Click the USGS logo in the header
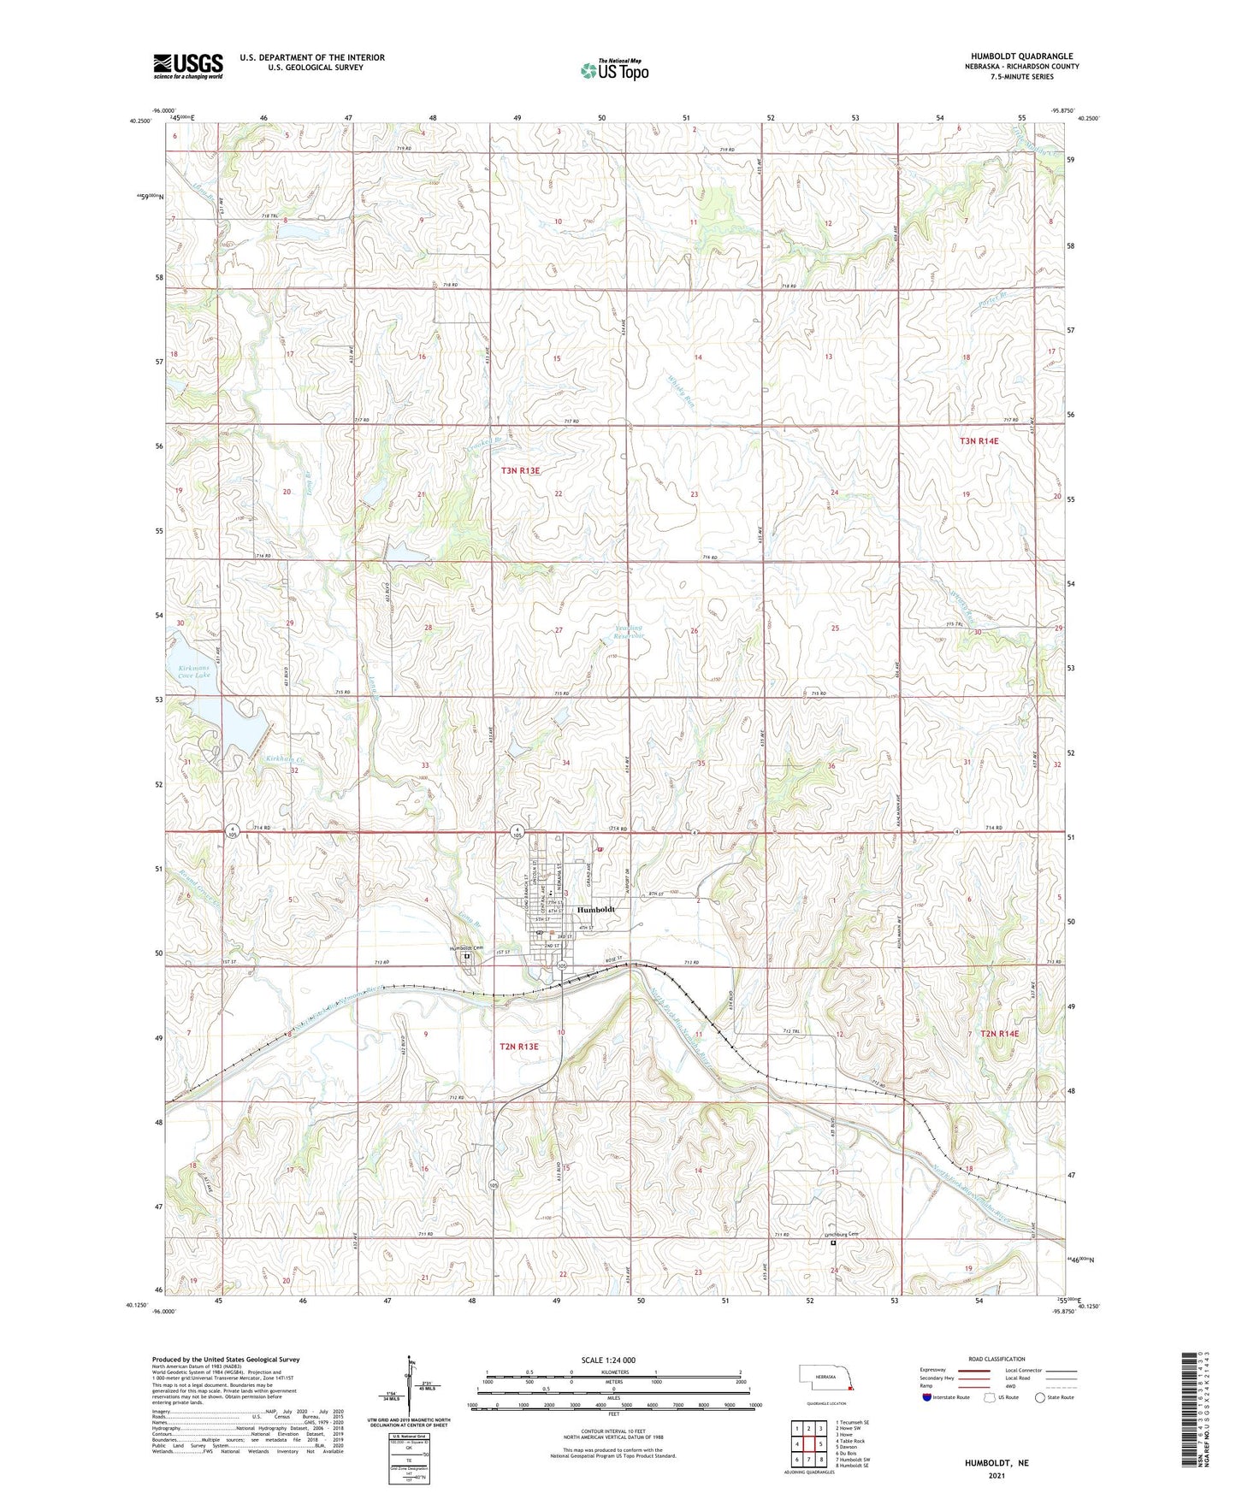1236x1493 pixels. pyautogui.click(x=188, y=65)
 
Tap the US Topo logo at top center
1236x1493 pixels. pyautogui.click(x=614, y=70)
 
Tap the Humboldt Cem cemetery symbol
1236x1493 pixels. pyautogui.click(x=467, y=957)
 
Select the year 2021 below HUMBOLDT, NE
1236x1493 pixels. pyautogui.click(x=996, y=1475)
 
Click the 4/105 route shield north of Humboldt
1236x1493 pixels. pyautogui.click(x=517, y=830)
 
